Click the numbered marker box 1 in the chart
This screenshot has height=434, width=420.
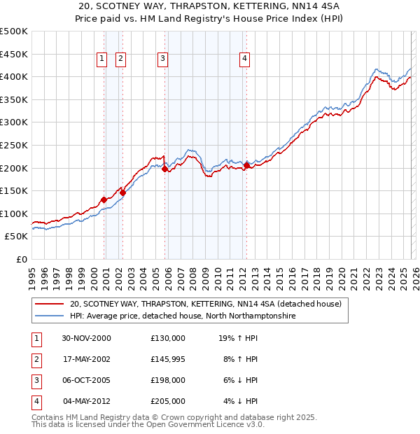(x=102, y=59)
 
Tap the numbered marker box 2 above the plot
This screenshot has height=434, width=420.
(x=120, y=59)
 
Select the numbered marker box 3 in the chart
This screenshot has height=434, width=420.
(x=162, y=59)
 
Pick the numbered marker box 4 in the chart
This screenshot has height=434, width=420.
(x=245, y=59)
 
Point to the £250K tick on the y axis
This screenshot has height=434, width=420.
(x=14, y=145)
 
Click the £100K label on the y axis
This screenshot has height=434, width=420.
(x=14, y=213)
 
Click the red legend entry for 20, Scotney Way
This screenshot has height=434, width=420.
(x=205, y=304)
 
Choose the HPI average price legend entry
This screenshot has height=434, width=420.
(x=183, y=316)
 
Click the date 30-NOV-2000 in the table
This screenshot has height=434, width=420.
(x=86, y=338)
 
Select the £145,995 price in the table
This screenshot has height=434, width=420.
(x=168, y=359)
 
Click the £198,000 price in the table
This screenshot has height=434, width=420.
(x=168, y=380)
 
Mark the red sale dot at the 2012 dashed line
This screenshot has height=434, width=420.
(x=247, y=166)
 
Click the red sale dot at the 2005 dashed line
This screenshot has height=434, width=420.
(x=164, y=169)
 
